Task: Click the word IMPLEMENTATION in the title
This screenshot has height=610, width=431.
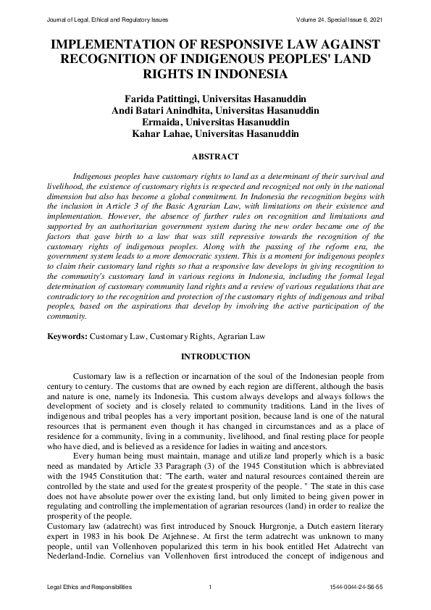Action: tap(112, 44)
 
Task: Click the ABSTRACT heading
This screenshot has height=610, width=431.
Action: tap(215, 156)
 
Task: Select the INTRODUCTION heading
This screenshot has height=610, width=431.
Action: tap(215, 356)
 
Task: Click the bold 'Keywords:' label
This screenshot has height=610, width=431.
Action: tap(67, 337)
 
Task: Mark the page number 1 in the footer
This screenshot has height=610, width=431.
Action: tap(209, 586)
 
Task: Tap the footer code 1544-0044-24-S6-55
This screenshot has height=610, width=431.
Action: tap(355, 586)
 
